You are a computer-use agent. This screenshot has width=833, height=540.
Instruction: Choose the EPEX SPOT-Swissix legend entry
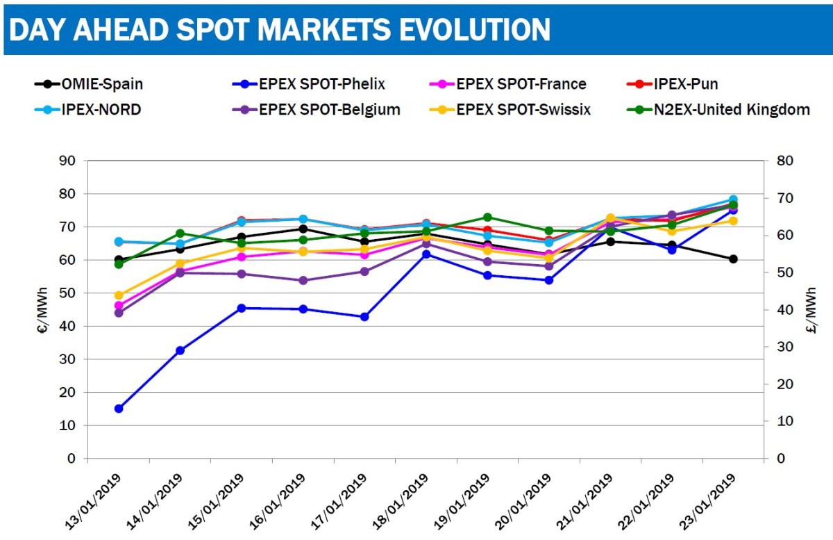pyautogui.click(x=523, y=109)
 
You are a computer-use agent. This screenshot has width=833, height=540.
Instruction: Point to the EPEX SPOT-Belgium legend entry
pyautogui.click(x=320, y=109)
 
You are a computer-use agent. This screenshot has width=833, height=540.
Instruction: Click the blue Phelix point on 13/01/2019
pyautogui.click(x=119, y=409)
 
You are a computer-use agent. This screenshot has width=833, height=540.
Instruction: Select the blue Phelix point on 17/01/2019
pyautogui.click(x=364, y=317)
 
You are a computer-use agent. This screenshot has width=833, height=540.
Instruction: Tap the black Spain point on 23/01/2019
pyautogui.click(x=733, y=259)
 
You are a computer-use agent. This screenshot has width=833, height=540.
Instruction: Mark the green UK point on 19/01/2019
pyautogui.click(x=487, y=218)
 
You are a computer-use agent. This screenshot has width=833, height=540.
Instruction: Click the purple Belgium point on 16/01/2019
pyautogui.click(x=303, y=280)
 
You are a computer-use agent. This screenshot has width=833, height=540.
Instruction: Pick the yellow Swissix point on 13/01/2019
pyautogui.click(x=119, y=295)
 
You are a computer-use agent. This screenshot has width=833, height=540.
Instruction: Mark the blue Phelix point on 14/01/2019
pyautogui.click(x=180, y=350)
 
